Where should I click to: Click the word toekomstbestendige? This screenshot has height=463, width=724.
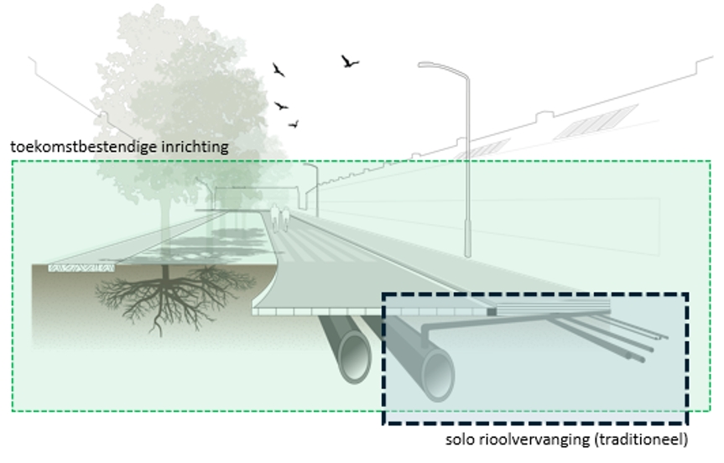(x=84, y=148)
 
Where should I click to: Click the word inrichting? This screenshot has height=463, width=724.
(x=195, y=148)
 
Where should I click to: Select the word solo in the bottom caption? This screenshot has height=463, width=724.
(x=460, y=439)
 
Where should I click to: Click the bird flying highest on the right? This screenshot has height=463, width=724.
(x=350, y=61)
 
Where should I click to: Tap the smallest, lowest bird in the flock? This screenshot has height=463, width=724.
(x=294, y=123)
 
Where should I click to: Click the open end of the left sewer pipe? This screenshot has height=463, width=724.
(x=355, y=356)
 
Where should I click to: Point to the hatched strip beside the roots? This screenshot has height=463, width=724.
(x=81, y=268)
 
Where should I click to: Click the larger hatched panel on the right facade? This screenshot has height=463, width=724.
(x=596, y=122)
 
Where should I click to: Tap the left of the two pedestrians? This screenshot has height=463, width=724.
(x=275, y=217)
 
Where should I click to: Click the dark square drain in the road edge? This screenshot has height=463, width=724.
(x=492, y=312)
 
